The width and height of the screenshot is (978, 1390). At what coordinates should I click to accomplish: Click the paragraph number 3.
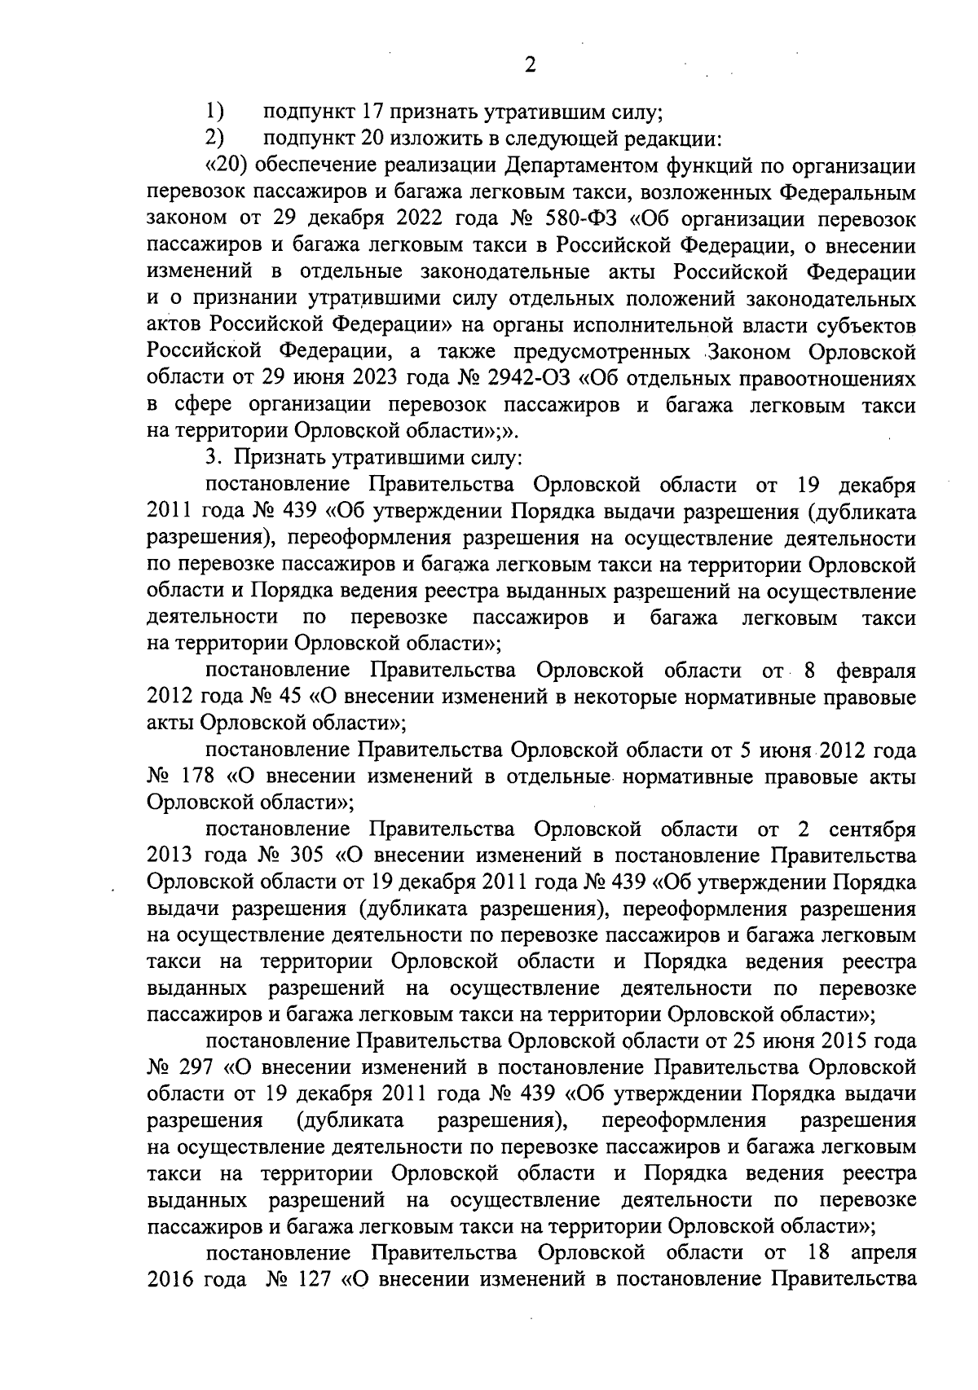click(210, 459)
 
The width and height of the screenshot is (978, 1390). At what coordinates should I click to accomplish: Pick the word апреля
click(883, 1252)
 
